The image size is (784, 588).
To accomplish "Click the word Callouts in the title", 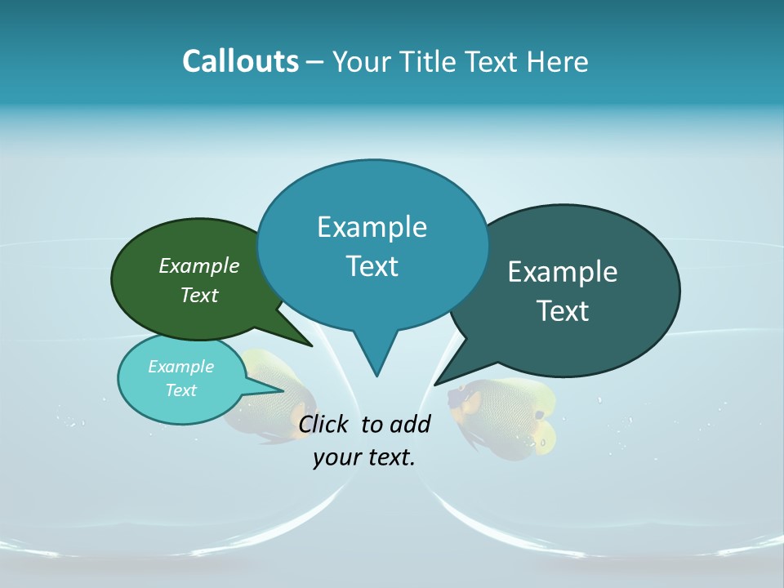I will [240, 61].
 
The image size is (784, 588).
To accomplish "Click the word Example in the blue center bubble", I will [372, 227].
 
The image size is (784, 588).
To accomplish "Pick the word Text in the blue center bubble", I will [372, 266].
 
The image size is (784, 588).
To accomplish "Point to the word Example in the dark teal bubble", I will [563, 272].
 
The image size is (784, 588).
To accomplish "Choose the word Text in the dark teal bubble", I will [563, 311].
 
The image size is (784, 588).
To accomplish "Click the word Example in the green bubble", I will [199, 266].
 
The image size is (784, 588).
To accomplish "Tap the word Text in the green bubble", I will [199, 296].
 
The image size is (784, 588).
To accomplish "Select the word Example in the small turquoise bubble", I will [180, 367].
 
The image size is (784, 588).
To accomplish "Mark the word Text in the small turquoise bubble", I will [180, 390].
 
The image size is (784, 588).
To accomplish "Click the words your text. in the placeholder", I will [363, 457].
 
